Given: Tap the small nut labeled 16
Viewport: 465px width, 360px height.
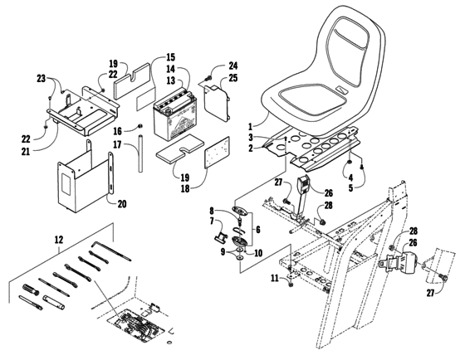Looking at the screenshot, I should pyautogui.click(x=140, y=127).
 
